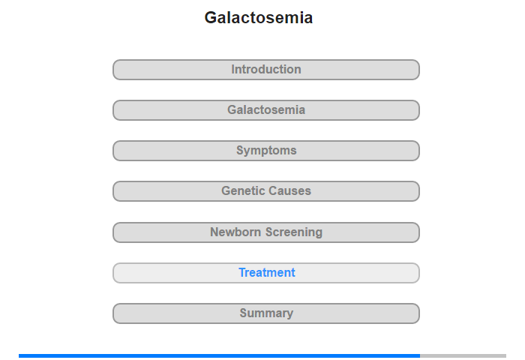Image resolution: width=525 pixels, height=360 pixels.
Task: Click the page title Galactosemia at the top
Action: (259, 18)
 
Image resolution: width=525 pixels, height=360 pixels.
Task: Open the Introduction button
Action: (266, 70)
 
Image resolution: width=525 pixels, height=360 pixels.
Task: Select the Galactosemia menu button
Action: (266, 110)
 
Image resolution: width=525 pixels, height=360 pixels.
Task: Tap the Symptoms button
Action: (266, 151)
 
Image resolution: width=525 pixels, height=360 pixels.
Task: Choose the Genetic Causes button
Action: (266, 191)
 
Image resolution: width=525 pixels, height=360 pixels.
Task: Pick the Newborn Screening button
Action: (266, 232)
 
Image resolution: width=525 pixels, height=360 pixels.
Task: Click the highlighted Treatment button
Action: (266, 273)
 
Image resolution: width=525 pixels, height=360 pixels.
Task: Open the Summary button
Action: (266, 313)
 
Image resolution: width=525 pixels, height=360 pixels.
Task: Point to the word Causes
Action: (289, 191)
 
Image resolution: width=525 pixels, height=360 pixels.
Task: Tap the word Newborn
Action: (235, 232)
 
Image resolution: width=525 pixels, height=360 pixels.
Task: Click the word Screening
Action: (294, 232)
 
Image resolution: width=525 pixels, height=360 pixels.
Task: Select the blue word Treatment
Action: (267, 272)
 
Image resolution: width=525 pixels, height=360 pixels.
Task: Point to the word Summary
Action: (266, 313)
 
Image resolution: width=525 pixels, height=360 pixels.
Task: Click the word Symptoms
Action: (266, 151)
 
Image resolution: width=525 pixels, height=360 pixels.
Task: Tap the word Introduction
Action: (266, 69)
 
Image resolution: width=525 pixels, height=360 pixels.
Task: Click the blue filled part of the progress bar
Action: (219, 355)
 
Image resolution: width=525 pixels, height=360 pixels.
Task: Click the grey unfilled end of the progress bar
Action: (463, 355)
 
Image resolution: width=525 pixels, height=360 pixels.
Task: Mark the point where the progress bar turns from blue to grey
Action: (420, 355)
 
